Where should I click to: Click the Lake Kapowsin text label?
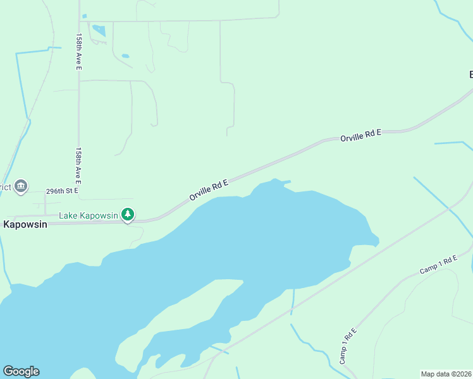[x=89, y=215]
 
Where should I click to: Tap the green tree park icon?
[x=128, y=215]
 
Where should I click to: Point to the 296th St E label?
[x=62, y=190]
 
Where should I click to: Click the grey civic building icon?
[x=21, y=186]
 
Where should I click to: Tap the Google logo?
[x=21, y=371]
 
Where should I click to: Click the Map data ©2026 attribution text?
[x=446, y=373]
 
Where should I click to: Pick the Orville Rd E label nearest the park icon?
[x=208, y=189]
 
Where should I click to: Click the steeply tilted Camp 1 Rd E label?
[x=348, y=346]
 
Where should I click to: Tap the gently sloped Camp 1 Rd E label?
[x=438, y=265]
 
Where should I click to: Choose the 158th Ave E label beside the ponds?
[x=79, y=52]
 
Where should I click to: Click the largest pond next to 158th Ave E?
[x=99, y=30]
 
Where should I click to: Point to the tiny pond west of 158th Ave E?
[x=83, y=16]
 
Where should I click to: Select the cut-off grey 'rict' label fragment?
[x=6, y=187]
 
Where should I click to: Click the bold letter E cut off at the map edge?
[x=470, y=75]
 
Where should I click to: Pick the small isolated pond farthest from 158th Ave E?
[x=125, y=56]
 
